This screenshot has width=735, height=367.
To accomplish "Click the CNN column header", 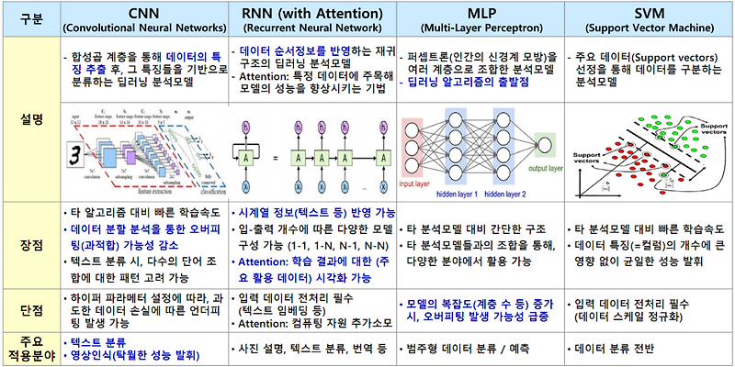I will tap(147, 12).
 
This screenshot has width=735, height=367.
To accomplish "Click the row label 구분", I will tap(28, 18).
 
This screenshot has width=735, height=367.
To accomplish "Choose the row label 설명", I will tap(28, 119).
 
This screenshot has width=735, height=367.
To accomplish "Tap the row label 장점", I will tap(28, 244).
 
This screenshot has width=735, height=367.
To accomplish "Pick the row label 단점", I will tap(28, 309).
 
